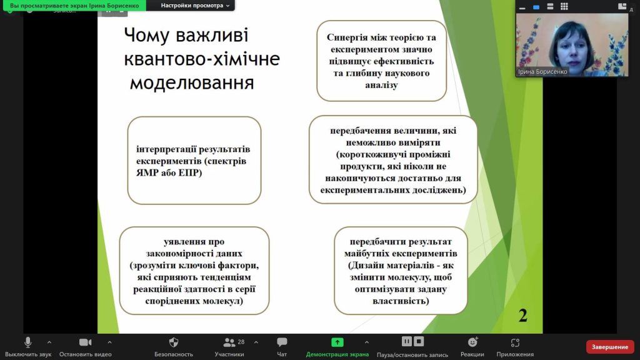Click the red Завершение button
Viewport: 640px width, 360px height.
pos(610,346)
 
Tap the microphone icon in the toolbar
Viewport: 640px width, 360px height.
pos(27,342)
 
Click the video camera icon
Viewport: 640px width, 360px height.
pos(85,342)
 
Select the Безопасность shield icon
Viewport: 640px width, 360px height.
pos(174,342)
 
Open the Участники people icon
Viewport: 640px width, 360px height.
pos(229,342)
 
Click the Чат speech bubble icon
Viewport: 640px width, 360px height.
pos(282,342)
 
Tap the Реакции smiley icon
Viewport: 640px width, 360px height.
pos(472,342)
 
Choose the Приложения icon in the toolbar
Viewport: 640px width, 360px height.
pos(515,342)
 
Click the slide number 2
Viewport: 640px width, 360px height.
pos(523,315)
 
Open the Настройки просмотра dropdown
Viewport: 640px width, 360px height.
pos(195,5)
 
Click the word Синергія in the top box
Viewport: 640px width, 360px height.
pos(347,37)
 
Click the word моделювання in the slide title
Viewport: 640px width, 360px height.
pos(192,83)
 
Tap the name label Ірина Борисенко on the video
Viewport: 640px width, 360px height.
pos(542,71)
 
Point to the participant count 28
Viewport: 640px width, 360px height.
pos(241,342)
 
